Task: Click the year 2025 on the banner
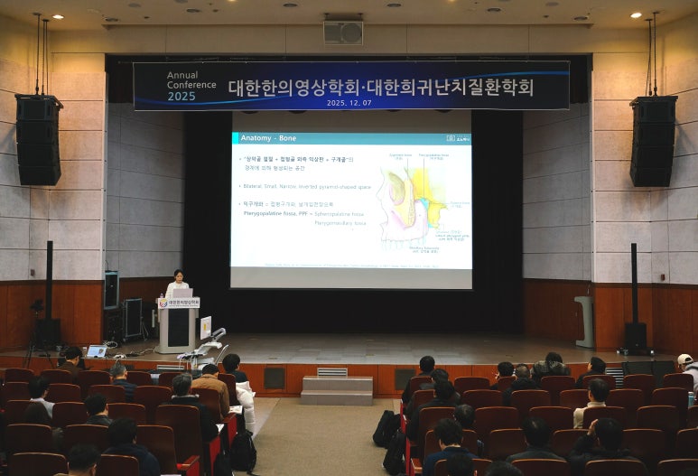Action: (181, 96)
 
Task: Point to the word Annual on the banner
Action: (182, 74)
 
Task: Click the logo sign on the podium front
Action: (178, 303)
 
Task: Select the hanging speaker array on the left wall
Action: (38, 139)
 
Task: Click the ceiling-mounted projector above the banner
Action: (343, 33)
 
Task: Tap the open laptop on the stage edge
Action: (96, 351)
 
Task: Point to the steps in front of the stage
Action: (337, 389)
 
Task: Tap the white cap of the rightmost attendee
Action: (685, 359)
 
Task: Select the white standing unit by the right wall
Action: (585, 321)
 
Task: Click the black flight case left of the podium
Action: (132, 319)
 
